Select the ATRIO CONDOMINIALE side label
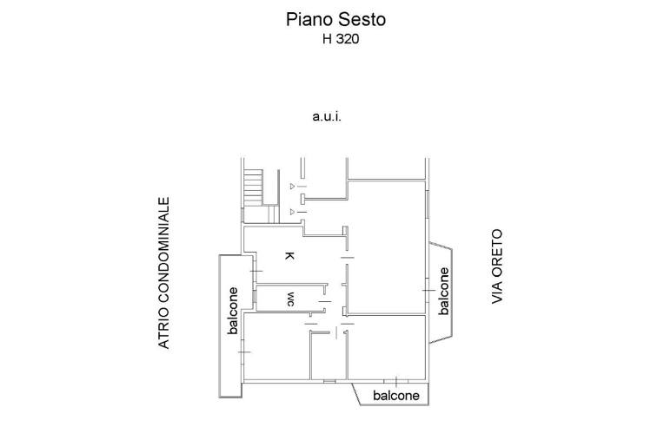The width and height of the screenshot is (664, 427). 163,274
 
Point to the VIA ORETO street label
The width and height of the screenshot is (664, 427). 498,267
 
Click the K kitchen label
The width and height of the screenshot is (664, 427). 289,255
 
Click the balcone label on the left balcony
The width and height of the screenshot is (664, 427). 233,311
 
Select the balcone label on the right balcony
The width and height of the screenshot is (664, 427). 443,292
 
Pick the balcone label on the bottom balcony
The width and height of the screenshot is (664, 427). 395,396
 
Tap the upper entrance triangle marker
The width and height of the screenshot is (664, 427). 291,186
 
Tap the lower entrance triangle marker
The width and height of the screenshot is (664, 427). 291,211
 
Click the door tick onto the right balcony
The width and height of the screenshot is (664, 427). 427,289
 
